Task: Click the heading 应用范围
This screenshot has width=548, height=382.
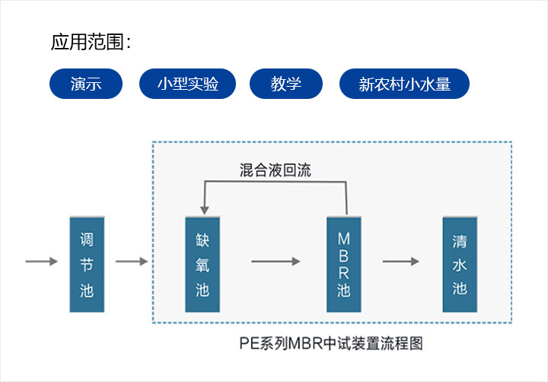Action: tap(91, 42)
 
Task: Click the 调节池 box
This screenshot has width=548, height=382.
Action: tap(88, 264)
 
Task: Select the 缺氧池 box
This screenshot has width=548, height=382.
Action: tap(202, 264)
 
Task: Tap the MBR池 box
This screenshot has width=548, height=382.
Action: tap(344, 264)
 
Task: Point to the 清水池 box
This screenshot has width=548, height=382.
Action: tap(460, 264)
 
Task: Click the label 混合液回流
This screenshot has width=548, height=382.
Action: tap(275, 170)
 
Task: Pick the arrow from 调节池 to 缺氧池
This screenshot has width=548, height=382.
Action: tap(132, 262)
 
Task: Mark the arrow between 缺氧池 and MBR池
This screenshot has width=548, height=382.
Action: tap(276, 262)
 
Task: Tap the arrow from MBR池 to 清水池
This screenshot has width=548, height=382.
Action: tap(401, 262)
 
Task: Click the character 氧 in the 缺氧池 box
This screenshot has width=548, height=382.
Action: tap(202, 264)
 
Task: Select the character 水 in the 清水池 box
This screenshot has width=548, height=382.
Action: tap(460, 266)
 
